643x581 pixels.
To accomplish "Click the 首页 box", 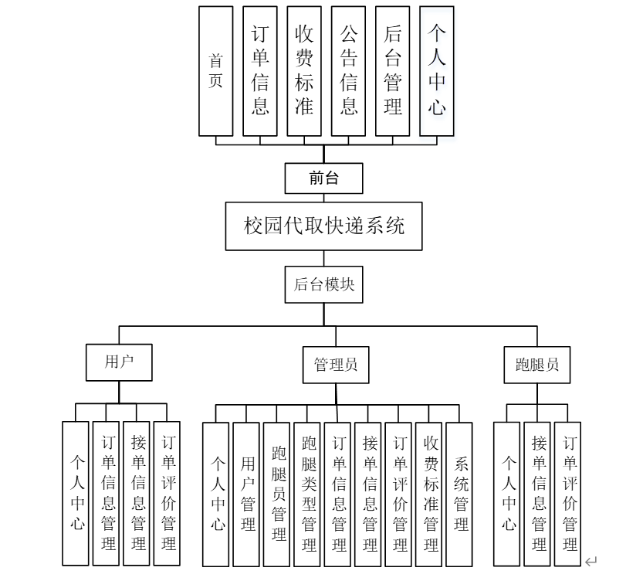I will (x=215, y=70).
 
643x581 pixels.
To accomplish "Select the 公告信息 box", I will (x=348, y=70).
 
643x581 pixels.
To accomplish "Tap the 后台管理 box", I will (x=393, y=70).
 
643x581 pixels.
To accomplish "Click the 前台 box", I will (x=324, y=178).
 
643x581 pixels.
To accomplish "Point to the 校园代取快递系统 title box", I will (x=324, y=226).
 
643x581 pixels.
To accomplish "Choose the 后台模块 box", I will (x=324, y=284).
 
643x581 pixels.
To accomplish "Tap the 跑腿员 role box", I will (x=537, y=365).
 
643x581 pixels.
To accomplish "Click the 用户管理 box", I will (x=246, y=494).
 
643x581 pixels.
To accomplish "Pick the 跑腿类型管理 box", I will (x=308, y=494).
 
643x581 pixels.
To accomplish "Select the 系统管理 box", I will (x=459, y=494).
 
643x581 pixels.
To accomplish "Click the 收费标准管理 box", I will (x=429, y=494).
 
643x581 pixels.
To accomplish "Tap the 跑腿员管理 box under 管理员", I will (x=277, y=494).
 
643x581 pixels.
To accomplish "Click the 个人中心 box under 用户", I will (x=76, y=494).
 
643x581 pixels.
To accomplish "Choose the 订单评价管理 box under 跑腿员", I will (x=568, y=494).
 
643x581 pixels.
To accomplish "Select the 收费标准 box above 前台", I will (x=304, y=70).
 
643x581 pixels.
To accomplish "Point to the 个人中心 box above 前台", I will (x=437, y=70).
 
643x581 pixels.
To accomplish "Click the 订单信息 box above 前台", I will (x=260, y=70).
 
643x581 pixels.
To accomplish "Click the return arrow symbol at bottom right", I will (x=591, y=562).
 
